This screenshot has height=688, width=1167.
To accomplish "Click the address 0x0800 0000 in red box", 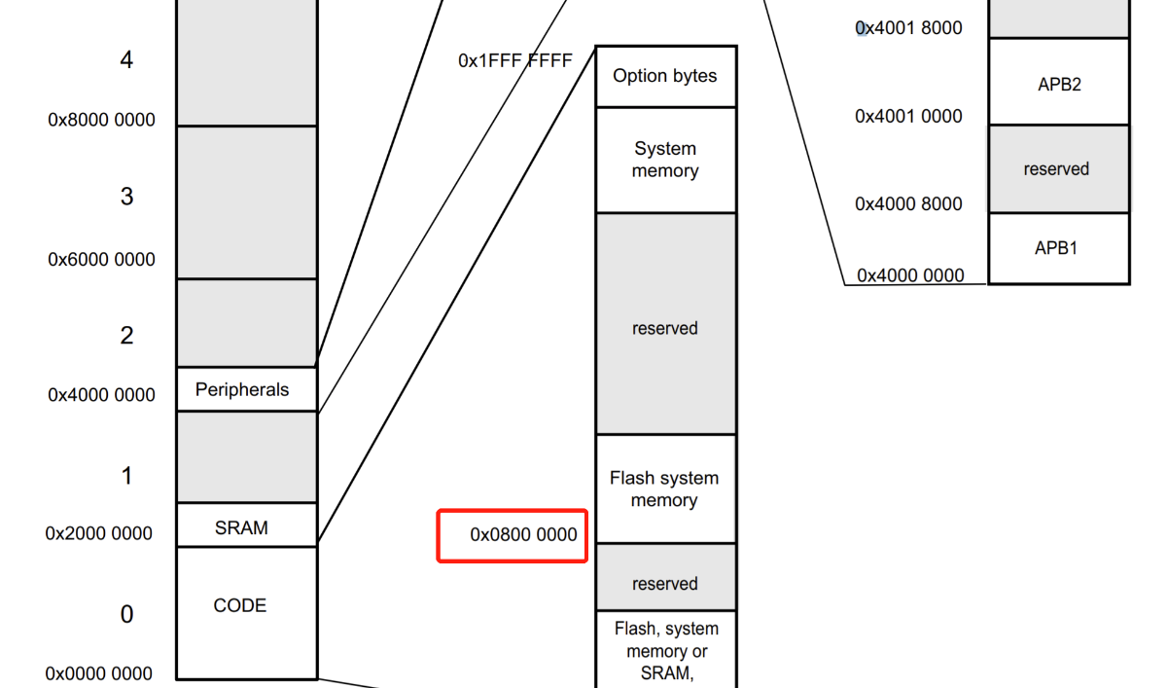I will [523, 534].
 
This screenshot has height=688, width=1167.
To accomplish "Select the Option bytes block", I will [665, 76].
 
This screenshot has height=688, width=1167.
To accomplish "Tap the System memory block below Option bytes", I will [665, 160].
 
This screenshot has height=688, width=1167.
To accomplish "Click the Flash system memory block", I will [665, 489].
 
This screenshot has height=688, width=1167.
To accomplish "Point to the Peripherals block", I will [243, 389].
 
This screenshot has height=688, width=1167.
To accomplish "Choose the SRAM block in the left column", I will [241, 528].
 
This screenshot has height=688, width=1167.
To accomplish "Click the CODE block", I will [240, 605].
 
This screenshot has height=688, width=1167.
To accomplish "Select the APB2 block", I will [1059, 84].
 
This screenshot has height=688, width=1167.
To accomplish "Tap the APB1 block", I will [1056, 248].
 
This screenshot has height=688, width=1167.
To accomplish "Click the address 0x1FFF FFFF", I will [515, 60].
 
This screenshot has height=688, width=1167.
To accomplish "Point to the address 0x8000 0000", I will [101, 121].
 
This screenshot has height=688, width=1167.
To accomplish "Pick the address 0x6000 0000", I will [101, 260].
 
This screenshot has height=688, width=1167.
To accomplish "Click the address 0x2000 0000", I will [99, 533].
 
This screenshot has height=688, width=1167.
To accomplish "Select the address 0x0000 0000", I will [99, 673].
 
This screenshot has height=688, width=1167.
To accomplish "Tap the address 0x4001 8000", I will [908, 28].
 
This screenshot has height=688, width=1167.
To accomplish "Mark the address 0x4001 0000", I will [908, 117].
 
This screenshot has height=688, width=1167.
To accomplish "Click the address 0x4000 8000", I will [908, 203].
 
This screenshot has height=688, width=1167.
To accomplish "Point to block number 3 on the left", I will [126, 197].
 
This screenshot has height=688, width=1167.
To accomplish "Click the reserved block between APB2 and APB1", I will [1056, 169].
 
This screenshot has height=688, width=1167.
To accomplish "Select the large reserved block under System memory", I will [665, 328].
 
